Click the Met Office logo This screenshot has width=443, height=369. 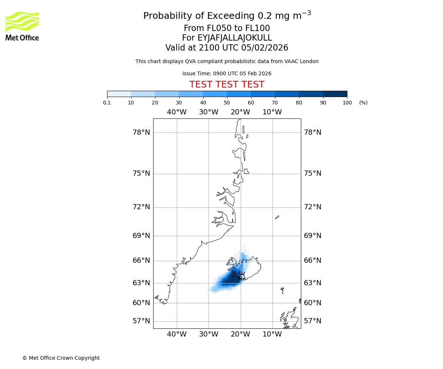click(22, 26)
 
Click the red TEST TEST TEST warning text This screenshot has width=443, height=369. click(227, 85)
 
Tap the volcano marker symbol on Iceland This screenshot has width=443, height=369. click(242, 276)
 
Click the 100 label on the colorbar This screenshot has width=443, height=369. click(347, 103)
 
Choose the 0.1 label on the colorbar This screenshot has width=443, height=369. click(107, 103)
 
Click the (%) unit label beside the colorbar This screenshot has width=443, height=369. click(363, 103)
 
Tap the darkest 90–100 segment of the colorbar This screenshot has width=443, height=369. click(335, 94)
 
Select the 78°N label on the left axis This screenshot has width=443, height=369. click(141, 132)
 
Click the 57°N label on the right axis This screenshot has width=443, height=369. click(313, 321)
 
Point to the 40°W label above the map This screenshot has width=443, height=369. click(177, 112)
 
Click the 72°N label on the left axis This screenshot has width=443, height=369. click(141, 207)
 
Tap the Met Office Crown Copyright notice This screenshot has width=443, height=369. click(61, 358)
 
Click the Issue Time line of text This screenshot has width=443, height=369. click(227, 74)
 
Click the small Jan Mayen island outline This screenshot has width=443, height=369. click(277, 217)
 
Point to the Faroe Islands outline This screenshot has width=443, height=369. click(282, 290)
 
